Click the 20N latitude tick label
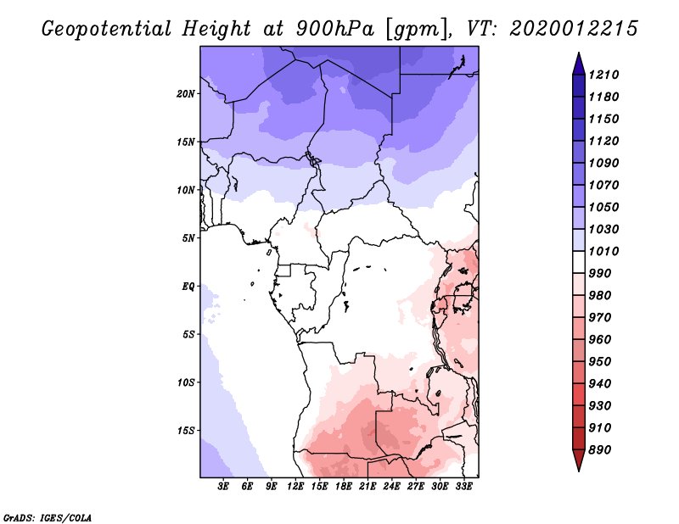[186, 94]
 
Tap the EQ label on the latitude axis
[188, 287]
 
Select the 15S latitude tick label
[186, 431]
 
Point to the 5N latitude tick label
[188, 238]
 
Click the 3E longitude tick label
[223, 487]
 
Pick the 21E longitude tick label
[368, 487]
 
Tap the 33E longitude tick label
[463, 487]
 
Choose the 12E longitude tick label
[295, 487]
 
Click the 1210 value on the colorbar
[603, 75]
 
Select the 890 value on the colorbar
[600, 450]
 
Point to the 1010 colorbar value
[603, 251]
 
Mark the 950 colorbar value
[600, 362]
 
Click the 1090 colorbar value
[603, 163]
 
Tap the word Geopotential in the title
[107, 29]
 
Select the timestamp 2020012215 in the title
[574, 29]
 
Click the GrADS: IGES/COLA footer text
[48, 518]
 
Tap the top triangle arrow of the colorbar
[579, 64]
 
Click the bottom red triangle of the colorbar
[579, 460]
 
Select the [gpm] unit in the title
[417, 30]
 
